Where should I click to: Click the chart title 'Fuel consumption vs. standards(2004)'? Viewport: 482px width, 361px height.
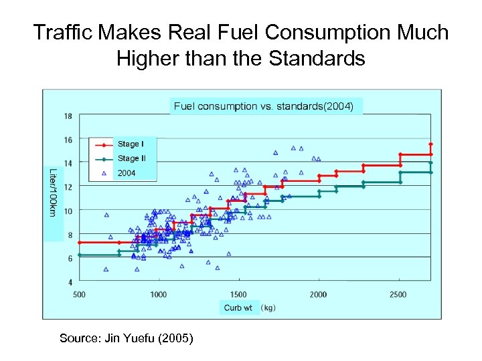pos(263,106)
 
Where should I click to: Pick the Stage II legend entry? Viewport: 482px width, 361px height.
pos(131,158)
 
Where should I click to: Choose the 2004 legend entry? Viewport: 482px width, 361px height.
pos(126,173)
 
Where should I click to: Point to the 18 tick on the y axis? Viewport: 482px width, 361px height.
pos(68,116)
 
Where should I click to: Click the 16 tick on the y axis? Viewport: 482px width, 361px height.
pos(68,140)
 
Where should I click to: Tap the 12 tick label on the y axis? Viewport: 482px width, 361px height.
pos(68,187)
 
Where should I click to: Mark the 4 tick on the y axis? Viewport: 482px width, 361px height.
pos(70,282)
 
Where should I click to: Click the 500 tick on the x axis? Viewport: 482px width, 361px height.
pos(79,294)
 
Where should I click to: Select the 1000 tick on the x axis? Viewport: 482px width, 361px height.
pos(159,294)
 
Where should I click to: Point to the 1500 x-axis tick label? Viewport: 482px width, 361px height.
pos(238,294)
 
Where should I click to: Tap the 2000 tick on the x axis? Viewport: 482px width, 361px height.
pos(319,294)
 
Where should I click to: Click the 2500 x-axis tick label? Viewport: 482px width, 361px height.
pos(398,294)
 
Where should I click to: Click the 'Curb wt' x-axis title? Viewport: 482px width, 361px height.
pos(238,308)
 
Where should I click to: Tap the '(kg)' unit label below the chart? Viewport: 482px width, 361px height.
pos(268,308)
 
